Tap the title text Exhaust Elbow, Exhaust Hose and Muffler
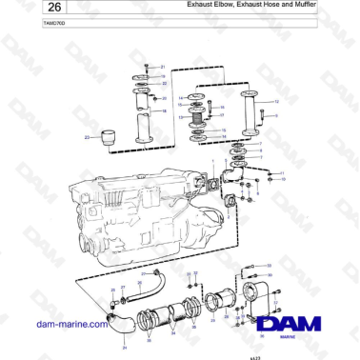coord(256,6)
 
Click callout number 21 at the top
coord(163,67)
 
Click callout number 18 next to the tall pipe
coord(164,110)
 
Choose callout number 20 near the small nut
coord(164,97)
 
